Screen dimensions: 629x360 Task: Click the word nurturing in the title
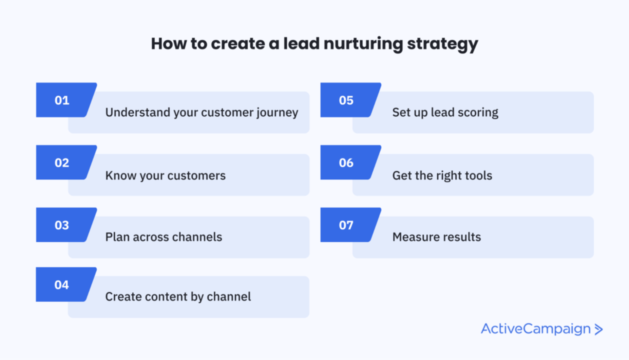363,44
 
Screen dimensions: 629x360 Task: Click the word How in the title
169,44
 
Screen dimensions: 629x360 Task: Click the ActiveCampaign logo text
536,329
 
